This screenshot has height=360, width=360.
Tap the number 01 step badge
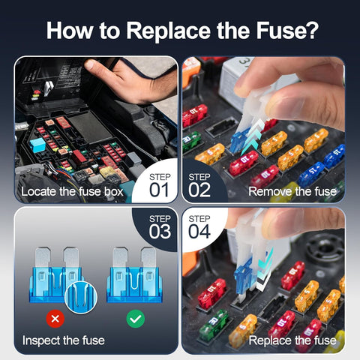pos(157,183)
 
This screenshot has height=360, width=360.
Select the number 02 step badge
pos(200,183)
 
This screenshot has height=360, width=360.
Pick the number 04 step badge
pos(200,228)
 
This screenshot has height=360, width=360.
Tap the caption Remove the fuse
pos(293,192)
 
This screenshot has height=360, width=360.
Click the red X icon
pos(55,319)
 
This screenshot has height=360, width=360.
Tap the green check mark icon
pos(135,319)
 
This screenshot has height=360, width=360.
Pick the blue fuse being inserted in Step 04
pos(243,277)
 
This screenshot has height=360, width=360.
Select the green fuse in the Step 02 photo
pos(191,140)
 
